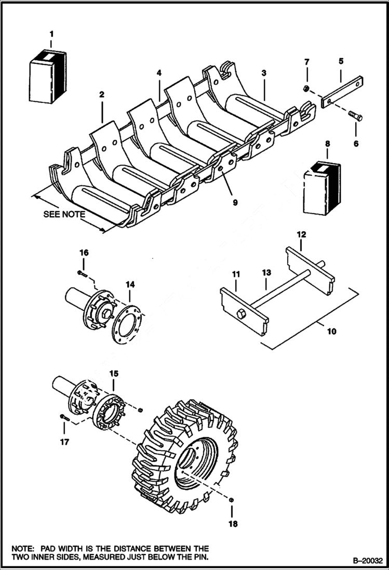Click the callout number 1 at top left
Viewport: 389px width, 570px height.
[x=51, y=34]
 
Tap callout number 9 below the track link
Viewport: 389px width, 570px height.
[x=235, y=202]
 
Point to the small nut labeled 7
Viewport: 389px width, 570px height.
[x=307, y=89]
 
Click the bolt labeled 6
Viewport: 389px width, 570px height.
[x=354, y=116]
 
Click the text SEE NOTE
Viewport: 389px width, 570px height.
[x=64, y=214]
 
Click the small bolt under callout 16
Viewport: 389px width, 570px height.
[x=81, y=273]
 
